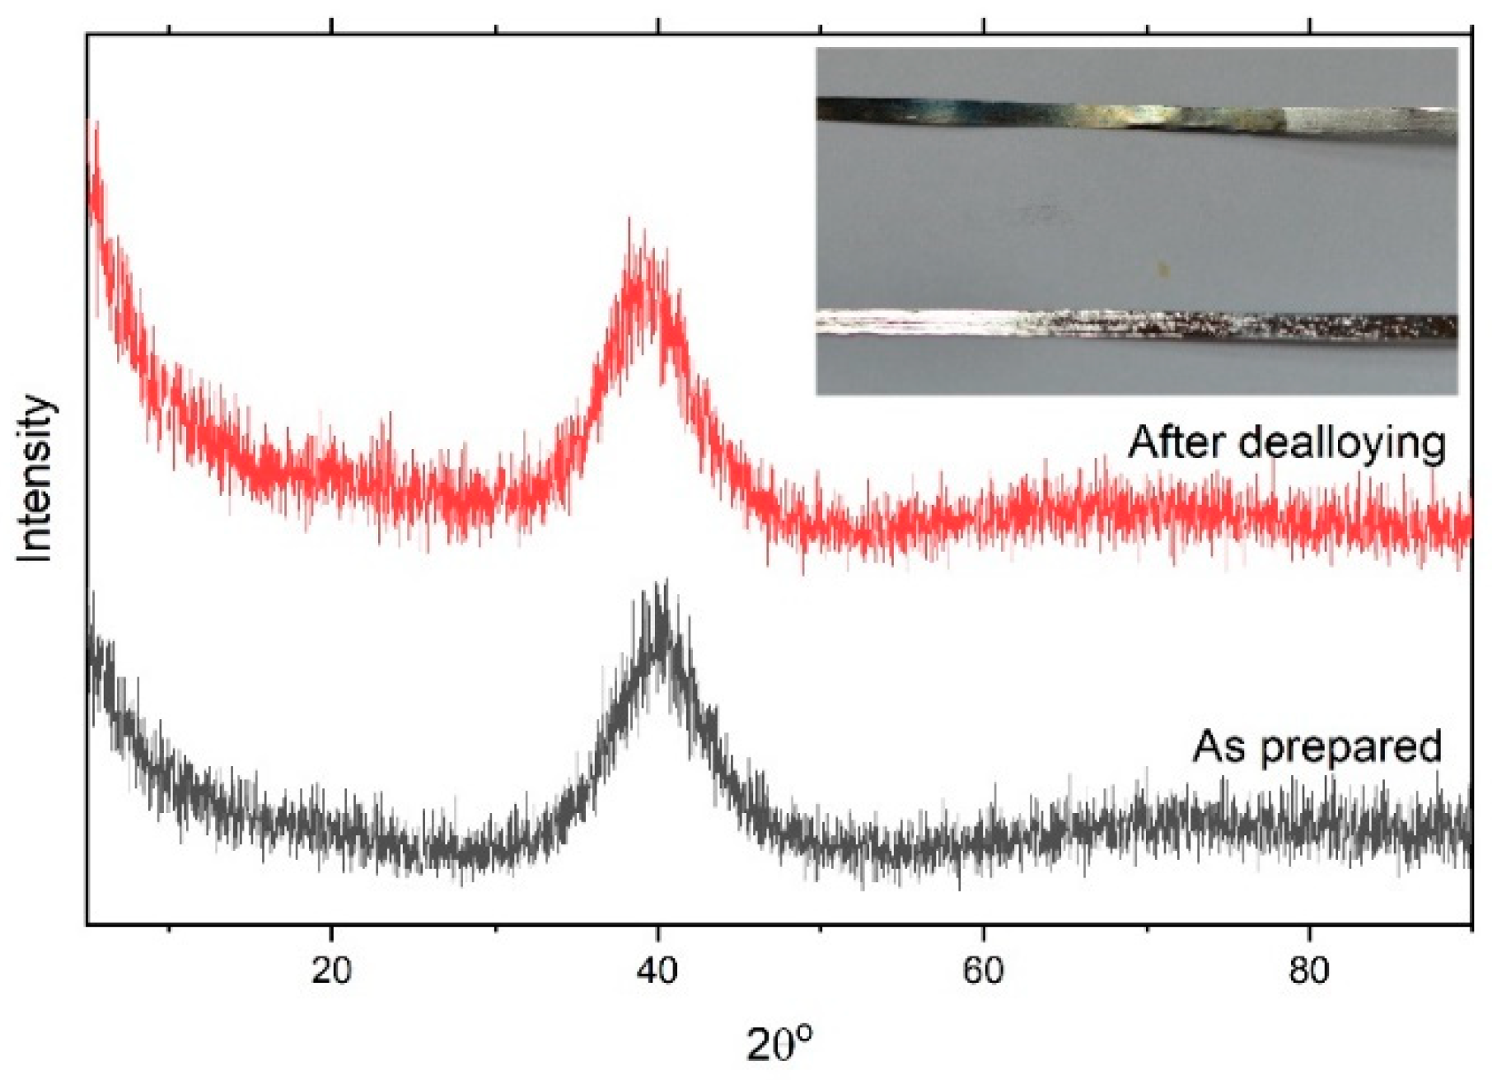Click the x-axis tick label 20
point(331,971)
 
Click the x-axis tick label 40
point(657,971)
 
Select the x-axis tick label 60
point(983,971)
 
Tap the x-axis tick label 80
point(1309,971)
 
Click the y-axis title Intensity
point(35,479)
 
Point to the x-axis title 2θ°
point(779,1043)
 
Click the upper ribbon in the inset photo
point(1137,119)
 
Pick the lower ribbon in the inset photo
point(1137,325)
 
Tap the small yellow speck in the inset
point(1163,268)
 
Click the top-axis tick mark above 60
point(984,27)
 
